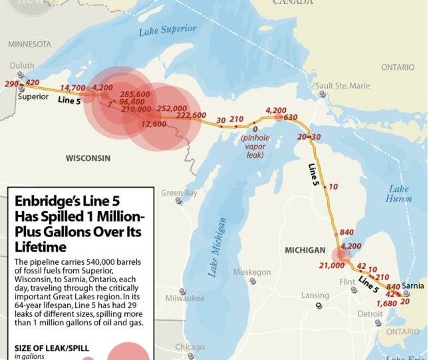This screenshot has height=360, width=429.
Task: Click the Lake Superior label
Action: (168, 29)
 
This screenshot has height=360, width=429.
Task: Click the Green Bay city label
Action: (179, 193)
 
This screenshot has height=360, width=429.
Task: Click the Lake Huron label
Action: (399, 194)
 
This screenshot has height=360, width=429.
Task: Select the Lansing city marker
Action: (319, 305)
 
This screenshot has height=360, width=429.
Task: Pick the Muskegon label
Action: (251, 272)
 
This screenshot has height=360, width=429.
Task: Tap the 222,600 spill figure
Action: (191, 115)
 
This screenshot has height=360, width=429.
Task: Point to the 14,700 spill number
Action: (72, 88)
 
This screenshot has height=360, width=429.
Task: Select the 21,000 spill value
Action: (332, 265)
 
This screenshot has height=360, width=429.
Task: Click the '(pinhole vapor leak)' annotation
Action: (252, 146)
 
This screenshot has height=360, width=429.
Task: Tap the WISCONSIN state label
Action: (88, 158)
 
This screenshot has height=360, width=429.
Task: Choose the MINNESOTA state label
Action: (29, 44)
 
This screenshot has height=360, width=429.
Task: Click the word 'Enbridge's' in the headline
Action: (50, 200)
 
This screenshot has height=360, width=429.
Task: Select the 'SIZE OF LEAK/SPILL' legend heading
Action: (51, 348)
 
